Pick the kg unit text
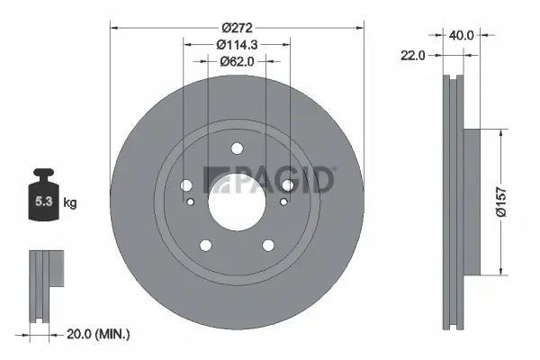point(70,203)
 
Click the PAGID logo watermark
point(270,180)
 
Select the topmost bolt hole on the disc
point(237,149)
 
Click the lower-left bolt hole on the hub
point(206,244)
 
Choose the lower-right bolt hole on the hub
point(267,244)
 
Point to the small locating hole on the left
point(191,201)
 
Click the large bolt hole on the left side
point(186,184)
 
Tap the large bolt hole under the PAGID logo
point(287,184)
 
